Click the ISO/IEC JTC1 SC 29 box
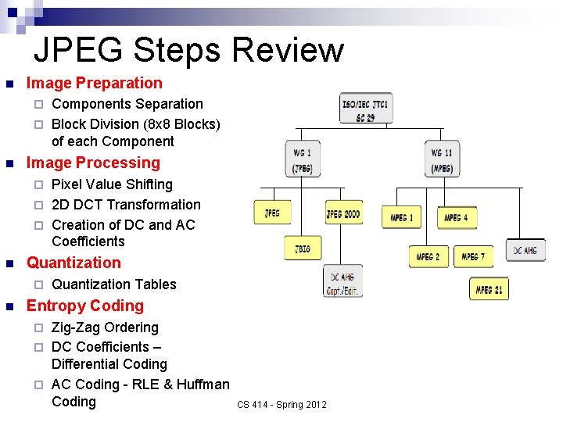pos(365,109)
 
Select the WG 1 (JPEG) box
pos(303,159)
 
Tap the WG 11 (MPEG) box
pos(442,159)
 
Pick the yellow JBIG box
pos(303,249)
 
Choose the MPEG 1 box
pos(401,217)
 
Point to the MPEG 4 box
pos(457,217)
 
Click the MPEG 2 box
pos(428,256)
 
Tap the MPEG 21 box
pos(489,289)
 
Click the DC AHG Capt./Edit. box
pos(342,281)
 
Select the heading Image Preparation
pos(95,83)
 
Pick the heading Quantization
pos(74,263)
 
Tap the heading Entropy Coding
pos(85,306)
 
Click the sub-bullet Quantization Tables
pos(113,284)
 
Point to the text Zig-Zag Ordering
pos(105,327)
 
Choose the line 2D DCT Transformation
pos(126,205)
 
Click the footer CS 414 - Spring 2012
pos(282,404)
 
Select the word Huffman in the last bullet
pos(203,384)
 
